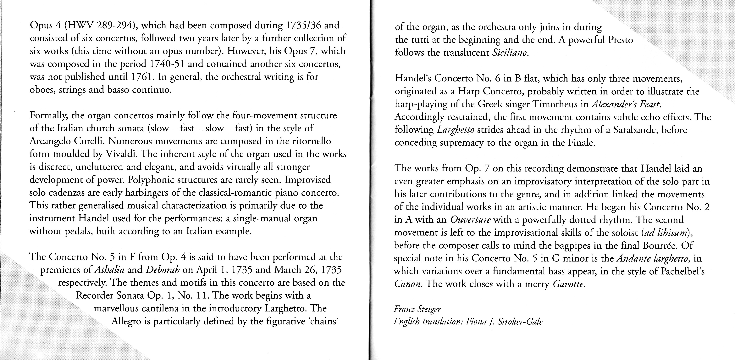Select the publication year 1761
[144, 77]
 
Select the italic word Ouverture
[470, 220]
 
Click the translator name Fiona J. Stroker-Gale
[504, 322]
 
